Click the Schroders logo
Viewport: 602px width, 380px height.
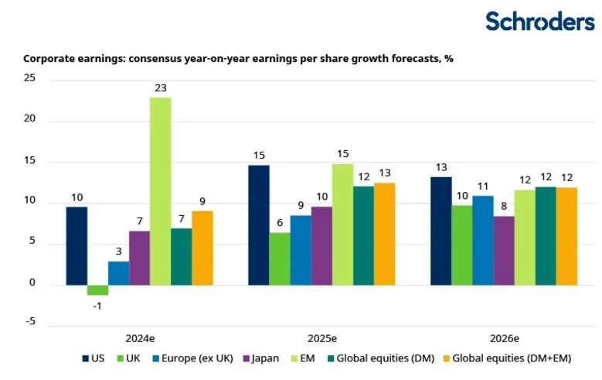tap(539, 21)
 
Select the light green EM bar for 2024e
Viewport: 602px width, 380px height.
tap(161, 190)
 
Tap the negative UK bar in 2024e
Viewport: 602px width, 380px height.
tap(97, 290)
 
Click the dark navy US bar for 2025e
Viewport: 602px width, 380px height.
tap(259, 225)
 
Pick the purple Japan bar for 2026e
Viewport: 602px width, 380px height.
tap(504, 250)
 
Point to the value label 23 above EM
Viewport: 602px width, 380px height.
tap(161, 88)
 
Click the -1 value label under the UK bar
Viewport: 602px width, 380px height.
tap(97, 305)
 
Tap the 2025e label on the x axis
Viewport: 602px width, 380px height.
tap(321, 338)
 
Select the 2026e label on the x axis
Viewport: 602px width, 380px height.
tap(504, 338)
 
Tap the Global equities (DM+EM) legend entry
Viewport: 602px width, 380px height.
tap(505, 358)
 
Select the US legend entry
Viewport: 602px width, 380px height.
tap(94, 358)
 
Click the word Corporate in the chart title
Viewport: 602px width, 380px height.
tap(49, 58)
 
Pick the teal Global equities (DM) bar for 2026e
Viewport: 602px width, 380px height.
tap(546, 236)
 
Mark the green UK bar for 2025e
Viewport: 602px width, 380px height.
tap(280, 258)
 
